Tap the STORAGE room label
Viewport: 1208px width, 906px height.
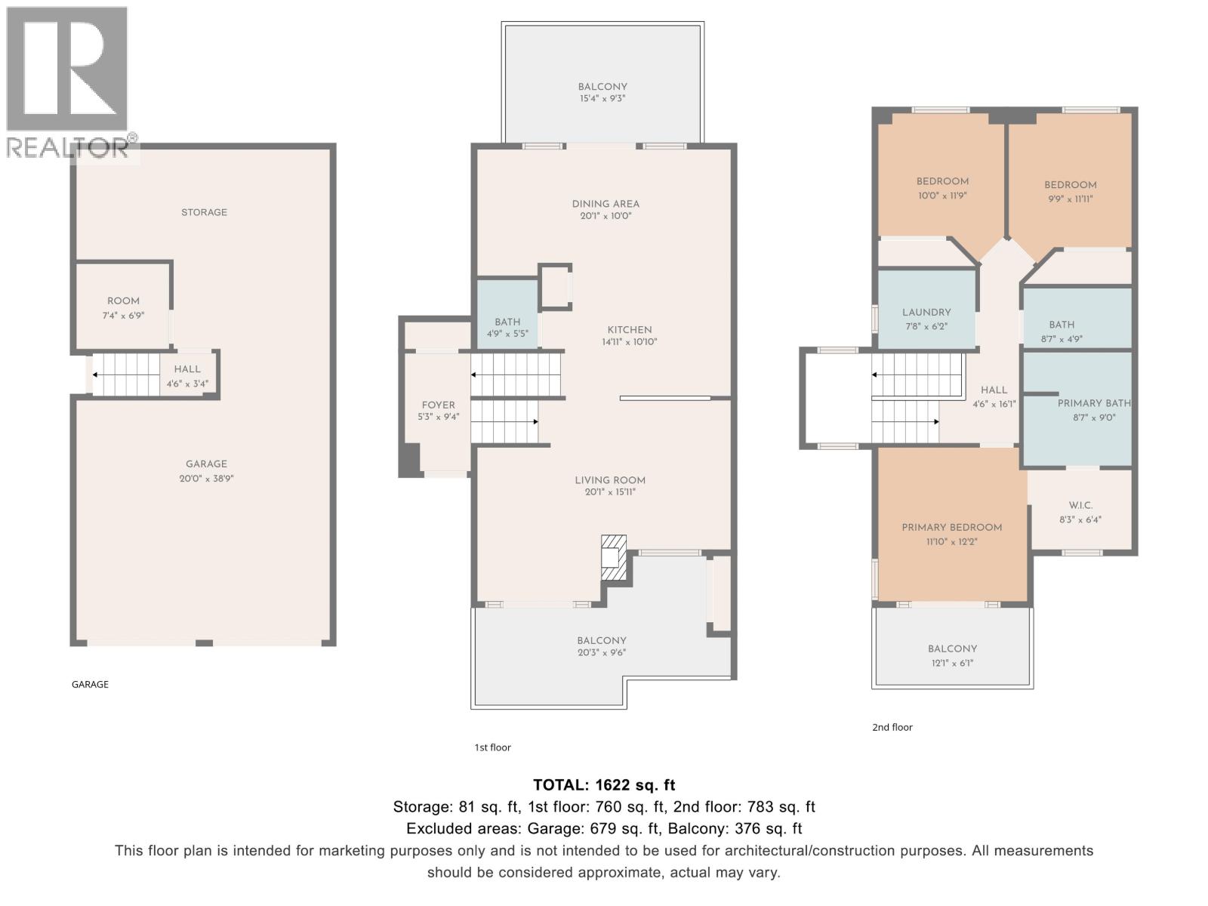pyautogui.click(x=204, y=212)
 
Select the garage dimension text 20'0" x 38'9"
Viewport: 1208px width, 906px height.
pyautogui.click(x=206, y=479)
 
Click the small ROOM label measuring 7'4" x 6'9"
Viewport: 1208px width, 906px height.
pyautogui.click(x=123, y=301)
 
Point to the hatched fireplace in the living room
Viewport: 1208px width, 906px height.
pyautogui.click(x=613, y=557)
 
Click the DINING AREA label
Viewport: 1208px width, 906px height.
pyautogui.click(x=606, y=204)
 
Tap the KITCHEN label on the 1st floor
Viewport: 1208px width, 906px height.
pyautogui.click(x=630, y=330)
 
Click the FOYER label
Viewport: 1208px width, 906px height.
pyautogui.click(x=438, y=405)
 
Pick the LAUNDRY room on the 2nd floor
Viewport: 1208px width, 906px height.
pyautogui.click(x=926, y=313)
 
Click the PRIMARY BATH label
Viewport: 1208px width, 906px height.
pyautogui.click(x=1094, y=403)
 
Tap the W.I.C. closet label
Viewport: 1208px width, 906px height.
pyautogui.click(x=1080, y=505)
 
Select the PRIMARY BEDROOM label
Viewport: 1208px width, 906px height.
pyautogui.click(x=951, y=528)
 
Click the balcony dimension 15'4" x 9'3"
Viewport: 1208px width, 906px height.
pyautogui.click(x=602, y=99)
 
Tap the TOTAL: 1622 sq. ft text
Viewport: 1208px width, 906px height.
pyautogui.click(x=604, y=784)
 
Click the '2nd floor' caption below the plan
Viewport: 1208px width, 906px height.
pyautogui.click(x=892, y=727)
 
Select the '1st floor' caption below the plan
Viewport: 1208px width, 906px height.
pyautogui.click(x=492, y=747)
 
